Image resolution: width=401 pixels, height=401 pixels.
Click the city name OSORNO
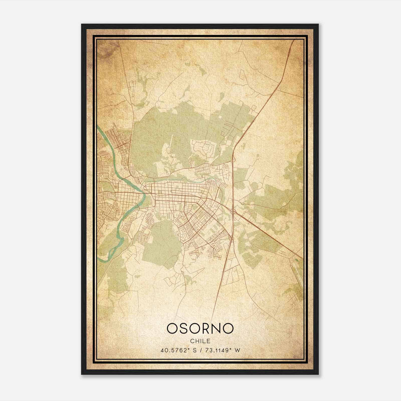(x=200, y=328)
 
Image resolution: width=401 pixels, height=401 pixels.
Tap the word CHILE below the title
(x=200, y=341)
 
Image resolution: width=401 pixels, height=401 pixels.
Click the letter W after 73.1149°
(x=237, y=350)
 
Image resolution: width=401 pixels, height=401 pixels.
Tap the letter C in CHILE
(x=192, y=341)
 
